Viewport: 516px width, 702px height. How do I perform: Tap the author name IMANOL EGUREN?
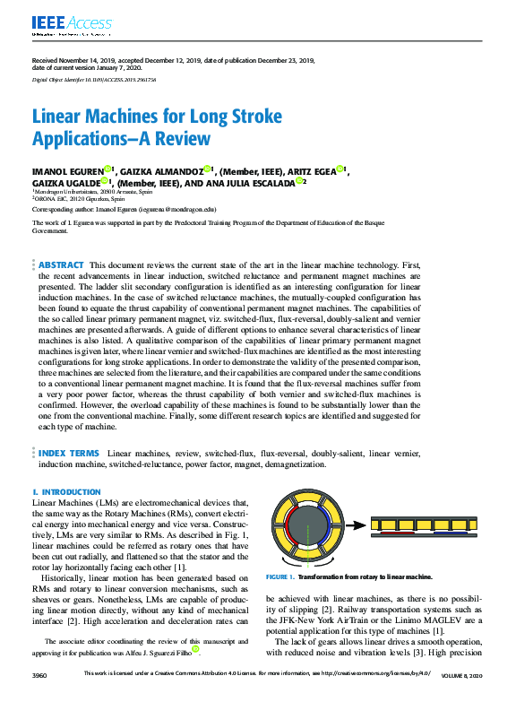tap(66, 169)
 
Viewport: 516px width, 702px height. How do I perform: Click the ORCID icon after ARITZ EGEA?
tap(342, 169)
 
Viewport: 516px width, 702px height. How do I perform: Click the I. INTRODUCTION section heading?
tap(66, 492)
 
